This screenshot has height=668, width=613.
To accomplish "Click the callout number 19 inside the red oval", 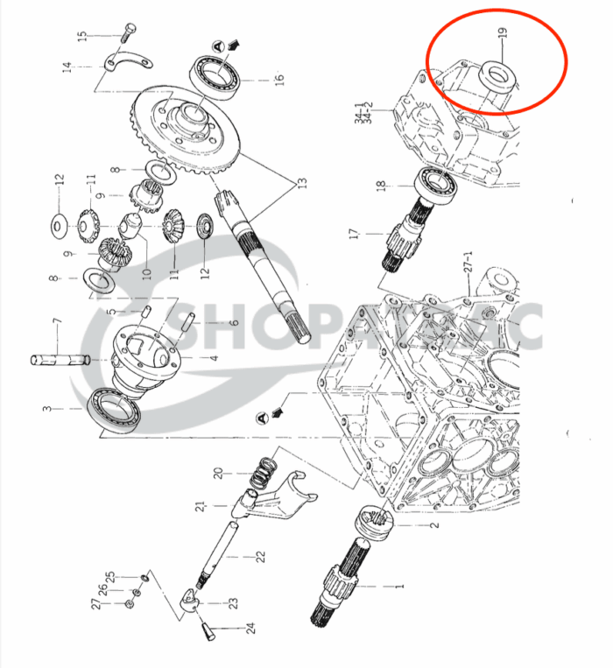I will click(x=502, y=38).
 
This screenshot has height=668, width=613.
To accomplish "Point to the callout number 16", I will click(x=279, y=80).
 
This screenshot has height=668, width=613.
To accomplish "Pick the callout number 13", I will click(x=302, y=186).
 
